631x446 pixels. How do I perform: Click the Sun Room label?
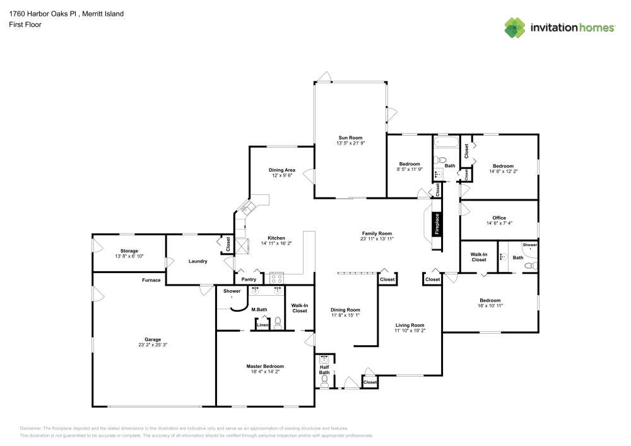[350, 138]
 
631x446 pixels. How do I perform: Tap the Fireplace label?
[437, 224]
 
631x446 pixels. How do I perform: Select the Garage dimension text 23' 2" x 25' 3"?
[153, 344]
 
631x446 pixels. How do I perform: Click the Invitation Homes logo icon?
[515, 28]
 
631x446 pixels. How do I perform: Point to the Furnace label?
[151, 280]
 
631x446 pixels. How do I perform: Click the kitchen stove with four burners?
[276, 278]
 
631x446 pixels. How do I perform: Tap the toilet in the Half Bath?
[324, 381]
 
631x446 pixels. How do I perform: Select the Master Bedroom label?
[265, 367]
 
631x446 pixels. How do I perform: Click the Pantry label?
[249, 279]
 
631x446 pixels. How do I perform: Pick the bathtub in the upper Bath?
[446, 142]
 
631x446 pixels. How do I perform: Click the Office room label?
[499, 218]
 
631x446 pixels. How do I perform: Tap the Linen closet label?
[262, 324]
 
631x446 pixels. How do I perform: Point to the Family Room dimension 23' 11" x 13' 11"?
[377, 238]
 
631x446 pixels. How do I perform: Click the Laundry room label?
[198, 261]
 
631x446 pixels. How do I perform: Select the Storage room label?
[129, 250]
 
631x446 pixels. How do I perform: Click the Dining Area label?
[281, 170]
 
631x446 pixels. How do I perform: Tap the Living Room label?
[410, 325]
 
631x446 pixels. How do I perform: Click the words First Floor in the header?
[25, 25]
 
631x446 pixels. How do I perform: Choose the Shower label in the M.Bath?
[232, 291]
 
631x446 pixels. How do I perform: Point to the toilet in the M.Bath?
[278, 323]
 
